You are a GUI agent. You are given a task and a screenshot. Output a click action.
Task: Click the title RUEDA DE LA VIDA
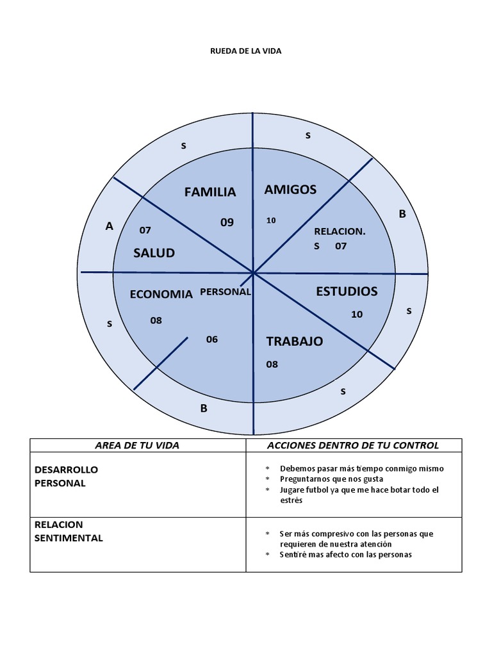(x=246, y=51)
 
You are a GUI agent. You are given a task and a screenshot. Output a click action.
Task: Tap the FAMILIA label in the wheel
(x=210, y=192)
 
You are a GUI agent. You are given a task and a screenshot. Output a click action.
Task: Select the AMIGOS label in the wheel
(x=290, y=189)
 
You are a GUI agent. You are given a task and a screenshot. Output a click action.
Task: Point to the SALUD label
(x=154, y=253)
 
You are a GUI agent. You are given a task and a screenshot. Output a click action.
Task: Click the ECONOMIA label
(x=161, y=295)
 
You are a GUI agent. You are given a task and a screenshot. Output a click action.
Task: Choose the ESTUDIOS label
(x=347, y=291)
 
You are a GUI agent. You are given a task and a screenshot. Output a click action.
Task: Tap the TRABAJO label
(x=294, y=341)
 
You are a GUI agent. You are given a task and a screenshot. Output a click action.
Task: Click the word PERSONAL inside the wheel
(x=225, y=291)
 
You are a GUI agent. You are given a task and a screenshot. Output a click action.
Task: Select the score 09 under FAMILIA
(x=227, y=223)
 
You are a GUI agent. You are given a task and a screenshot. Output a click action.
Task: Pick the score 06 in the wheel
(x=212, y=340)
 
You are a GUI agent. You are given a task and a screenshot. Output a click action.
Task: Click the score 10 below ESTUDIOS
(x=357, y=315)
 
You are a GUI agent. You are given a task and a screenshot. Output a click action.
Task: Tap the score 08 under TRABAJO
(x=272, y=365)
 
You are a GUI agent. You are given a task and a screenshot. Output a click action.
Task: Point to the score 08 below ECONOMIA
(x=156, y=320)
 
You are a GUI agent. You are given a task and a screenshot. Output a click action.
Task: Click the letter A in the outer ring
(x=109, y=226)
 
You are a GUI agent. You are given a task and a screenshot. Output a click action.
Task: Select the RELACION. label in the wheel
(x=340, y=231)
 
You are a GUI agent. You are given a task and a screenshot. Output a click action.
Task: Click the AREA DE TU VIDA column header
(x=137, y=445)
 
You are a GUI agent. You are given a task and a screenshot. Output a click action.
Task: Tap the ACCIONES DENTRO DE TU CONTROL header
(x=353, y=445)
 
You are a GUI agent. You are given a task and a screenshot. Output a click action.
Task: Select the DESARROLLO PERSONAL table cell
(x=67, y=477)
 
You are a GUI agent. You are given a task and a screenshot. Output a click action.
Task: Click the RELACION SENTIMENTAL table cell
(x=69, y=531)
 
